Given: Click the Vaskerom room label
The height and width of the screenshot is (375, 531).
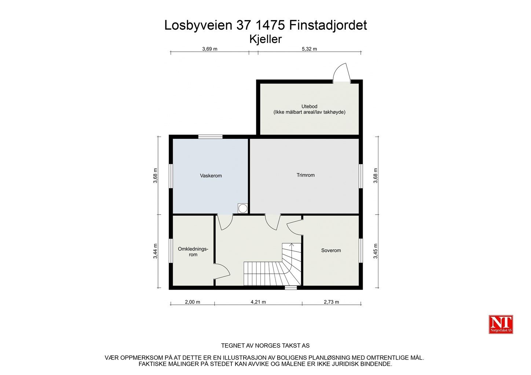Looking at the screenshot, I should pyautogui.click(x=211, y=176).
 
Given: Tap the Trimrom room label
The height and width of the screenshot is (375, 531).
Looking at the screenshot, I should pyautogui.click(x=305, y=175).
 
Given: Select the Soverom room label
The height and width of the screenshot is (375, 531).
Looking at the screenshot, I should pyautogui.click(x=331, y=250).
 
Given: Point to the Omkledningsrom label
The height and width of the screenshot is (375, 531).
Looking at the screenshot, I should pyautogui.click(x=193, y=252).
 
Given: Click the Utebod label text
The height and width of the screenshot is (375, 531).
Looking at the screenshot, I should pyautogui.click(x=309, y=107).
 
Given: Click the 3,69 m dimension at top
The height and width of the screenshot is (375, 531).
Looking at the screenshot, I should pyautogui.click(x=210, y=49).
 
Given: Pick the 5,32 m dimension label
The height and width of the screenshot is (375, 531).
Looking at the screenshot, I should pyautogui.click(x=309, y=49).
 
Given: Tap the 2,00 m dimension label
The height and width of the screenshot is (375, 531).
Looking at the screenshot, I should pyautogui.click(x=193, y=302).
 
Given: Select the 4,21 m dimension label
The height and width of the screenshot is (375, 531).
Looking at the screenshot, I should pyautogui.click(x=258, y=302).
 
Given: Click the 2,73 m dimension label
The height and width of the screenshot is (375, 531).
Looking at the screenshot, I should pyautogui.click(x=331, y=302).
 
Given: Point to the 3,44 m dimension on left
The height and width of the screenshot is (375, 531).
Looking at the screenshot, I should pyautogui.click(x=155, y=251).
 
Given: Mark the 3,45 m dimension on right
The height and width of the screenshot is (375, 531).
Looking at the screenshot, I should pyautogui.click(x=376, y=251).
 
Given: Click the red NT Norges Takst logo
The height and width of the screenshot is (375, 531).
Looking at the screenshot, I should pyautogui.click(x=501, y=324).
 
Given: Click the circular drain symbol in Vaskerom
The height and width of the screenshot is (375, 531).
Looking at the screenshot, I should pyautogui.click(x=243, y=208).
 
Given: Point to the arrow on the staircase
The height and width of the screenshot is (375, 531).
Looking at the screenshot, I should pyautogui.click(x=292, y=245).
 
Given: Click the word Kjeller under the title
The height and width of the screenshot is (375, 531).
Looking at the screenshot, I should pyautogui.click(x=265, y=39).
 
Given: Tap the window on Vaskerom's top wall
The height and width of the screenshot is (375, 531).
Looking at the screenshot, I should pyautogui.click(x=210, y=137).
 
